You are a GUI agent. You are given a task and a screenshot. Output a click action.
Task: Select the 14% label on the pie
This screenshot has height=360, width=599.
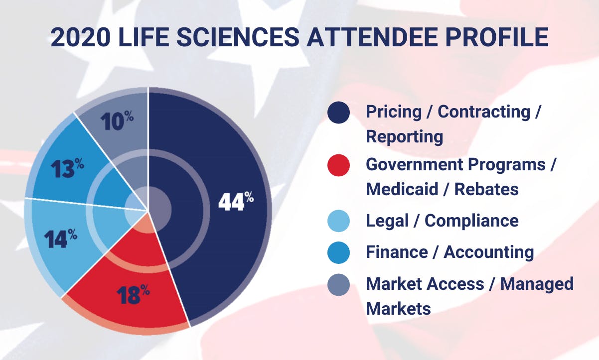point(60,239)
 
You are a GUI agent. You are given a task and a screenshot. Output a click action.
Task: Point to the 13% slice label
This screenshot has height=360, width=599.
point(67,169)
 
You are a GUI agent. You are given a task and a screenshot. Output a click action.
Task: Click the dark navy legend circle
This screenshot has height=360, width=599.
point(338,113)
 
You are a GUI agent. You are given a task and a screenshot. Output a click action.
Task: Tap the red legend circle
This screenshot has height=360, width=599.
point(338,165)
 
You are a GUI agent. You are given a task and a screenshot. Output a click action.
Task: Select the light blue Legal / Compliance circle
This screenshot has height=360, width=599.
point(338,221)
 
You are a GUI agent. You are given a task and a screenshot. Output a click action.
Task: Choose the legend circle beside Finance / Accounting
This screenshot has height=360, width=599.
point(338,252)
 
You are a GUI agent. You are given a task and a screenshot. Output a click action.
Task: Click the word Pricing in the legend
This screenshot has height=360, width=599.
point(394,112)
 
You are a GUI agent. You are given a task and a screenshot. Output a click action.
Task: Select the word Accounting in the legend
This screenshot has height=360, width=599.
point(488,252)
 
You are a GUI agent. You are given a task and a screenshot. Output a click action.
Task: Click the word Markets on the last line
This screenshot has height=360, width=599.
point(398,308)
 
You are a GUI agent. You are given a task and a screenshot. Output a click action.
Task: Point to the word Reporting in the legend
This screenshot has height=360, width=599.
point(404,136)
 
